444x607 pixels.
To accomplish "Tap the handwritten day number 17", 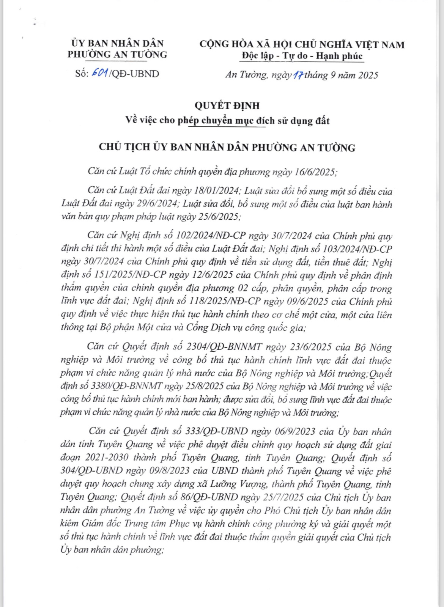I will coord(298,75).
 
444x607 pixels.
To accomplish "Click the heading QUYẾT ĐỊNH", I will coord(227,105).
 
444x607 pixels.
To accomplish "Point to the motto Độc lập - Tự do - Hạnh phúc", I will coord(302,56).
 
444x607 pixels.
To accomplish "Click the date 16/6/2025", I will coord(316,172).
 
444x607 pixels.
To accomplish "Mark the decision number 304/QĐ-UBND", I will coord(91,471).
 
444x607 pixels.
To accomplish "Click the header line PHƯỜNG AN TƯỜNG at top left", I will coord(117,54).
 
